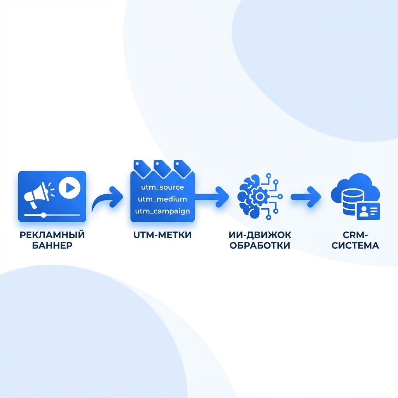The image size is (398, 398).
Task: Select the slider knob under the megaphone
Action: [44, 215]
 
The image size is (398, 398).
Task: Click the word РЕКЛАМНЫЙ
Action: [52, 235]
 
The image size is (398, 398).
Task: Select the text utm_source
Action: [162, 187]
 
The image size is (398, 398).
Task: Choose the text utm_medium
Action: [162, 199]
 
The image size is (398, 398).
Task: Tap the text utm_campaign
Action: [162, 211]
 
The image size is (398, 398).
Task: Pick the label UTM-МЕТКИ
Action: [162, 236]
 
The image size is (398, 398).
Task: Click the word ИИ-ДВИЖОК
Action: [260, 235]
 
